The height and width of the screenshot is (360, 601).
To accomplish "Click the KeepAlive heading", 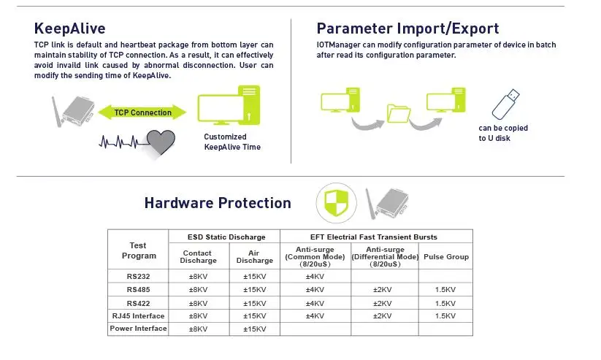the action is click(70, 28).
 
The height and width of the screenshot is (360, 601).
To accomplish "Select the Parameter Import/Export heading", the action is click(407, 28).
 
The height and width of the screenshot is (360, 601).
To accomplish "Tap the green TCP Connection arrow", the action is click(142, 112).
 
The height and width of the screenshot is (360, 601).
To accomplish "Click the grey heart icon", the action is click(161, 142).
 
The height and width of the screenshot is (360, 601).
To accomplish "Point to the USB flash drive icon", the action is click(506, 104).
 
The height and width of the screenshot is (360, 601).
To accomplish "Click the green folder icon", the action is click(399, 113).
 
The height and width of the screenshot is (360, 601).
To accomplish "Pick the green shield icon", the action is click(336, 203).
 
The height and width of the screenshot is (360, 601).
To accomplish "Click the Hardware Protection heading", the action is click(218, 203).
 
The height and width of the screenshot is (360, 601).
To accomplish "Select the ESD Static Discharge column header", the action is click(226, 237).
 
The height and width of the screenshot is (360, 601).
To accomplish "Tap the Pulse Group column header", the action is click(446, 257).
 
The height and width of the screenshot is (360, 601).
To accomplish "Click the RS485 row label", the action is click(138, 289).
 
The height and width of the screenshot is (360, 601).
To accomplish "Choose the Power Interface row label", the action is click(138, 329).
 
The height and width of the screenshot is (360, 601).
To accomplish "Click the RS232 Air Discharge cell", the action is click(255, 277).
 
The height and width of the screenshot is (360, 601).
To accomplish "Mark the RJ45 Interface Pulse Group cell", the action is click(445, 316).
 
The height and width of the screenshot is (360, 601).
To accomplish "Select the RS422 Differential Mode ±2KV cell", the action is click(383, 303).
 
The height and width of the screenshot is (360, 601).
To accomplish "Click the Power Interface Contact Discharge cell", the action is click(198, 329).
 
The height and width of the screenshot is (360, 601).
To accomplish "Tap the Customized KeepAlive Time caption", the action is click(232, 142).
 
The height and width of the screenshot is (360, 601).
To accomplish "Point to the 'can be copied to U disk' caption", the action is click(503, 133).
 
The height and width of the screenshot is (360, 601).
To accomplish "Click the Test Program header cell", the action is click(139, 250).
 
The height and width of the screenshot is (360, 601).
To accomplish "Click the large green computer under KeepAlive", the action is click(229, 105).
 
